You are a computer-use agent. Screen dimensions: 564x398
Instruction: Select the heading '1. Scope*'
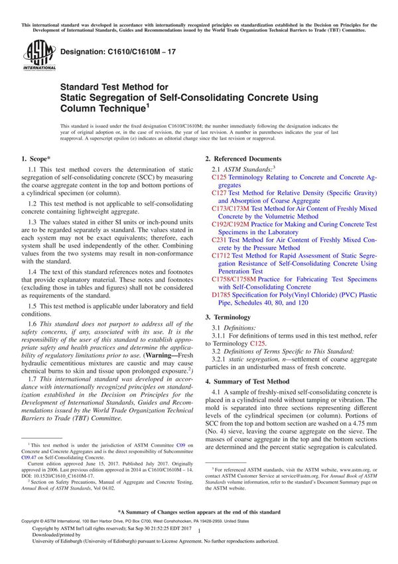[36, 159]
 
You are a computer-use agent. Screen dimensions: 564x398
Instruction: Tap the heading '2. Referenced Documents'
[243, 159]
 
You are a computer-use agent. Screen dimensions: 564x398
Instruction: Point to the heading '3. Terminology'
[228, 317]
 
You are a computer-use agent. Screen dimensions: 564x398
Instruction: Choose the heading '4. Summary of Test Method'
[247, 382]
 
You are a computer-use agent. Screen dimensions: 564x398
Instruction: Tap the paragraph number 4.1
[216, 394]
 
